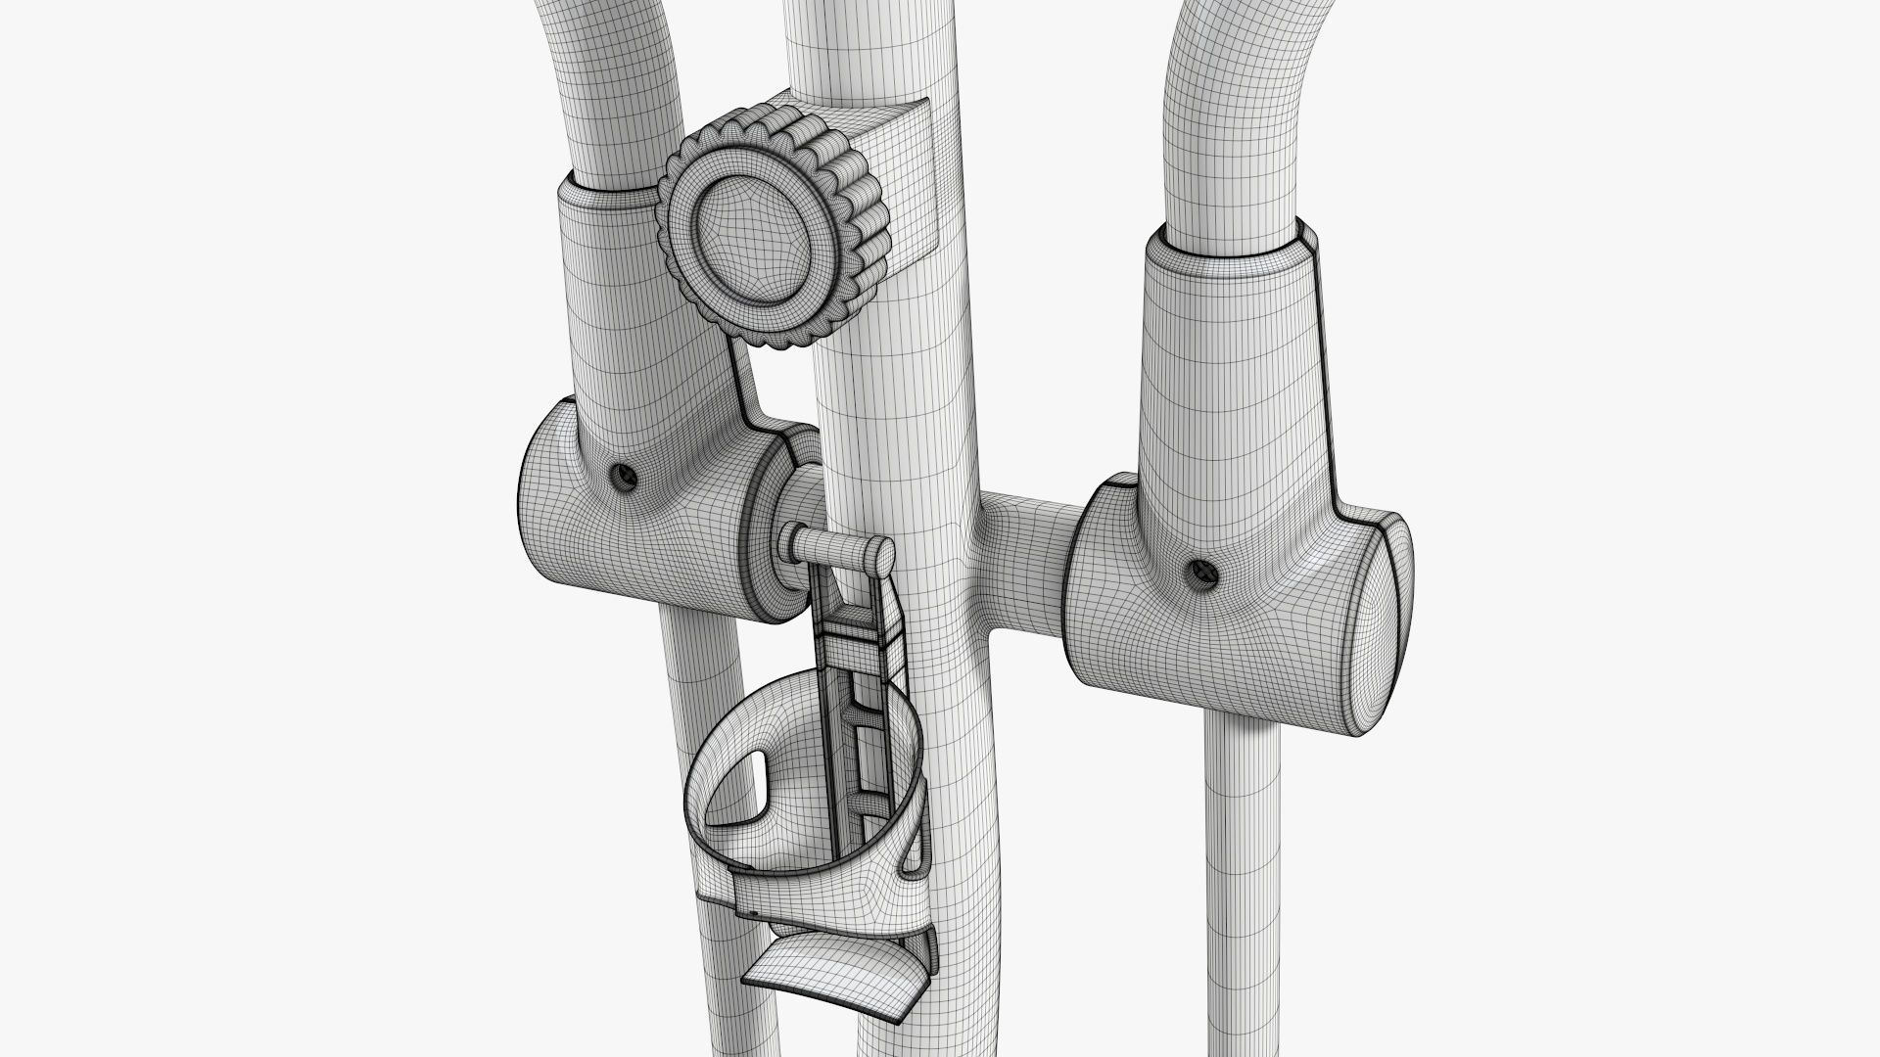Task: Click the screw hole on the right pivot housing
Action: point(1197,572)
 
